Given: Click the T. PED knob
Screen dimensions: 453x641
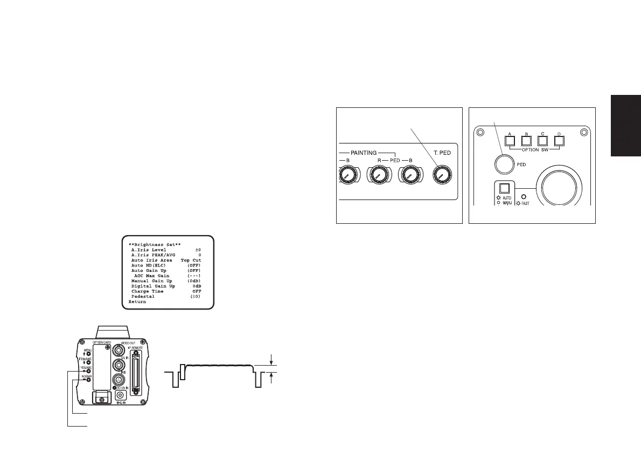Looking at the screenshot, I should point(442,175).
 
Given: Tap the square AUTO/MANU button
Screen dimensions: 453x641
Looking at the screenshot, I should point(505,189).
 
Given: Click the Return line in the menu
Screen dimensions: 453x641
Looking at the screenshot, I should point(137,302).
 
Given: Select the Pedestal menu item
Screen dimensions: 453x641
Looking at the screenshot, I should point(143,297).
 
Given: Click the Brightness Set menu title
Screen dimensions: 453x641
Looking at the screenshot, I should point(155,244).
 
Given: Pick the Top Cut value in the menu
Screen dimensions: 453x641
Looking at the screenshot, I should point(191,260).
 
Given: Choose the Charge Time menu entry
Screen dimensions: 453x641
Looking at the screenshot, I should point(147,291).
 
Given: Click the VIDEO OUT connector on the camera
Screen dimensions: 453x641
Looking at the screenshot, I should point(117,349).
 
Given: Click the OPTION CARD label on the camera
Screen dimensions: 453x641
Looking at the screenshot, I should point(101,342).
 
